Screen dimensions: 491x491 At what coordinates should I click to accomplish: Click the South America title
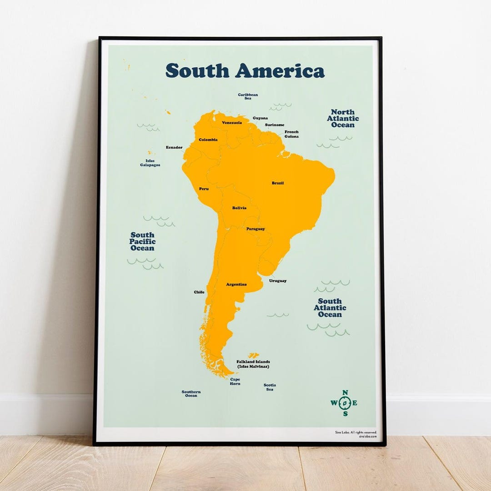[x=245, y=71]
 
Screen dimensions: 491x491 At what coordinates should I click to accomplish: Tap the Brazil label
[x=278, y=183]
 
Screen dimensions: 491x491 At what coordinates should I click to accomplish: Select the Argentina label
[x=236, y=285]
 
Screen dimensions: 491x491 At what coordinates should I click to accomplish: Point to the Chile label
[x=199, y=292]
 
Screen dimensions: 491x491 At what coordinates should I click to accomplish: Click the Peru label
[x=204, y=189]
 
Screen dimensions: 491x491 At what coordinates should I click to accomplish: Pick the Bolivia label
[x=239, y=208]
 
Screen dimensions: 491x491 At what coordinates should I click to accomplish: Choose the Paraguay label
[x=256, y=229]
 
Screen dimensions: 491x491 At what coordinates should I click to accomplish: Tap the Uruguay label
[x=278, y=281]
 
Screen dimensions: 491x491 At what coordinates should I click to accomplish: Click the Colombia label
[x=208, y=140]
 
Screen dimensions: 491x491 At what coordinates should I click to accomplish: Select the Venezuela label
[x=232, y=123]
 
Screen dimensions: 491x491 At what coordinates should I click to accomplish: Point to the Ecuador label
[x=174, y=147]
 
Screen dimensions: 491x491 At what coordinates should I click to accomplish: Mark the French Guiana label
[x=291, y=134]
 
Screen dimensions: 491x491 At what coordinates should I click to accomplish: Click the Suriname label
[x=275, y=125]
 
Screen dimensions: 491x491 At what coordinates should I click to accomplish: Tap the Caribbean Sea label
[x=248, y=96]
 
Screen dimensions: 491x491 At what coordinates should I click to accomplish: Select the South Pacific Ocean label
[x=142, y=241]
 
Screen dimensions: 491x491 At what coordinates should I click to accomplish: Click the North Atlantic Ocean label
[x=343, y=118]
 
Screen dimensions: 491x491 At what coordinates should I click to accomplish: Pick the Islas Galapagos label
[x=150, y=163]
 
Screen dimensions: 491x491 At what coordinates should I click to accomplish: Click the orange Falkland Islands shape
[x=253, y=355]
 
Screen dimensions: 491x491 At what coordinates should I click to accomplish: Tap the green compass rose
[x=344, y=403]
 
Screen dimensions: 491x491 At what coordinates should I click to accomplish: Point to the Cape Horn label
[x=235, y=381]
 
